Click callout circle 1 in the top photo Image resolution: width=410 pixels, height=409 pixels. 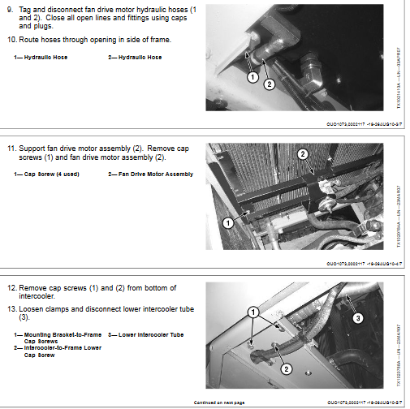click(252, 76)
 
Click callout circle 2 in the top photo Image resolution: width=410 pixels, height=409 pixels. click(270, 84)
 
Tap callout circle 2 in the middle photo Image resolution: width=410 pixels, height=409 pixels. click(302, 153)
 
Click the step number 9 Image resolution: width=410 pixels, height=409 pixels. click(11, 8)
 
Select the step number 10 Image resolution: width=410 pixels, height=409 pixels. click(11, 39)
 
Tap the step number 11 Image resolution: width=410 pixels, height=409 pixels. click(11, 149)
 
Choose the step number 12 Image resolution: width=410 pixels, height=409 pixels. click(11, 288)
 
